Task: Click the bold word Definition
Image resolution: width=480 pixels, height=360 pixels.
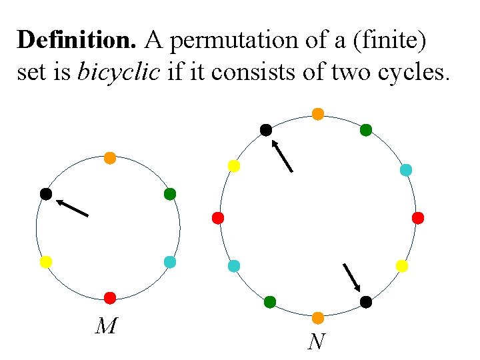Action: coord(76,40)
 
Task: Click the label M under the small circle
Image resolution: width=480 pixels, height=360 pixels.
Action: coord(107,326)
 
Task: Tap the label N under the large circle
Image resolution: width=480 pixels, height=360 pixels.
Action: coord(317,342)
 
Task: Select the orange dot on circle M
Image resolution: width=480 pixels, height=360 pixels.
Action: coord(110,159)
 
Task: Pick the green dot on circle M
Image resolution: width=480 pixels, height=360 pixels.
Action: coord(170,194)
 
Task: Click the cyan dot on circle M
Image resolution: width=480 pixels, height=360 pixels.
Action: coord(170,262)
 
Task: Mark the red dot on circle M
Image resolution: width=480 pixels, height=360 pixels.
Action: coord(110,297)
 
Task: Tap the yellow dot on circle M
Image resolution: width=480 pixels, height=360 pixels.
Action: coord(46,262)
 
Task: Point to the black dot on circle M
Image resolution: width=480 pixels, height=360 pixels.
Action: coord(46,194)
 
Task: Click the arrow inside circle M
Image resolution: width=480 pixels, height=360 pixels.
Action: coord(72,207)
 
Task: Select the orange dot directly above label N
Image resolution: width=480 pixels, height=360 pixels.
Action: coord(318,317)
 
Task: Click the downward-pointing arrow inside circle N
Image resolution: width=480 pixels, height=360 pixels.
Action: coord(352,278)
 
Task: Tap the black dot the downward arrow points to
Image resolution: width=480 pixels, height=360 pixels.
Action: coord(366,302)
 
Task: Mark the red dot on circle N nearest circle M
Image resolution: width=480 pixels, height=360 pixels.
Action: coord(217,218)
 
